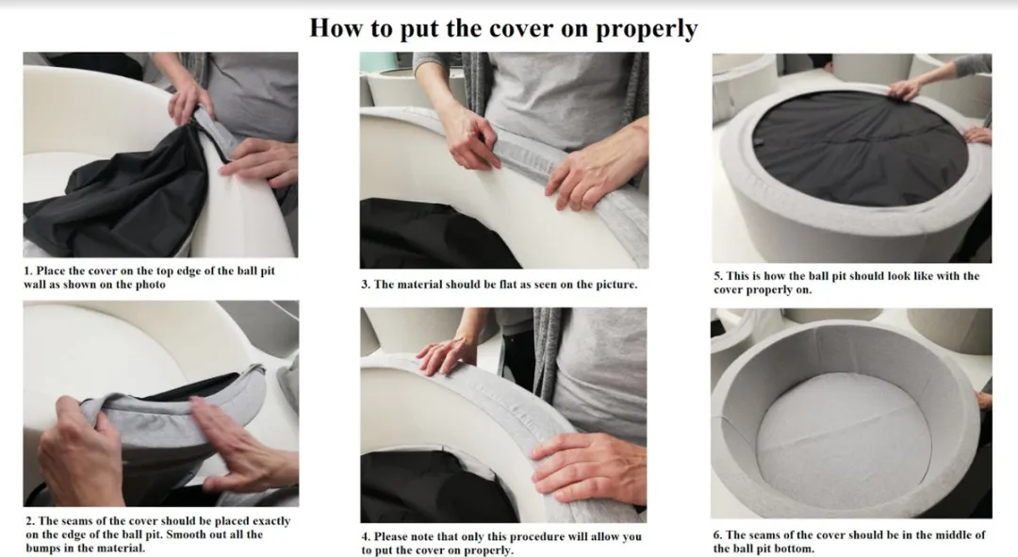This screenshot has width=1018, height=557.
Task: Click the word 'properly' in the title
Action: [x=647, y=29]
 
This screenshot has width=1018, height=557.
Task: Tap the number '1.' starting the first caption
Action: [x=28, y=270]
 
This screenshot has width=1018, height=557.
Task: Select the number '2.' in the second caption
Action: [x=30, y=520]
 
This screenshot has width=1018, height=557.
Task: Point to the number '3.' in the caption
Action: [x=366, y=285]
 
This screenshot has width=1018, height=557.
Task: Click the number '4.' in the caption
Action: [x=366, y=536]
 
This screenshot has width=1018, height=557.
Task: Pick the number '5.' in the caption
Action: [x=718, y=276]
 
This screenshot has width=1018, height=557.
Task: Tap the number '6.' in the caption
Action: [x=717, y=535]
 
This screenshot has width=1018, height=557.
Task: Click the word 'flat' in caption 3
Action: [x=510, y=285]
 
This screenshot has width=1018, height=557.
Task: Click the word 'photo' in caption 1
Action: [x=150, y=285]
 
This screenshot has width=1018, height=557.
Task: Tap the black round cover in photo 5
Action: [x=860, y=149]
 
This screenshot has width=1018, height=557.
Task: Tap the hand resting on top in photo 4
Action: [x=448, y=355]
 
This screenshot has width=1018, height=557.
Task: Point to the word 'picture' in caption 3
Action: [x=616, y=285]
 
